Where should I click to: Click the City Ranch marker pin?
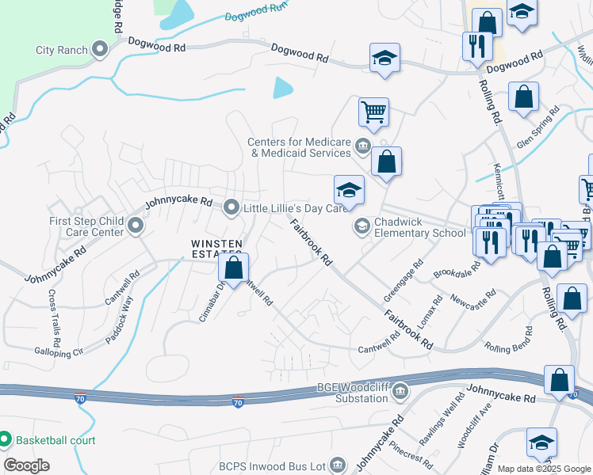[100, 51]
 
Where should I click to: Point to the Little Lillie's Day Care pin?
[231, 208]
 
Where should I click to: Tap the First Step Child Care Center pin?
[136, 227]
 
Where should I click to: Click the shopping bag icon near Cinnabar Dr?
[234, 268]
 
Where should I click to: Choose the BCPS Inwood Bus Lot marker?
[339, 464]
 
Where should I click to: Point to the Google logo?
[26, 465]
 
